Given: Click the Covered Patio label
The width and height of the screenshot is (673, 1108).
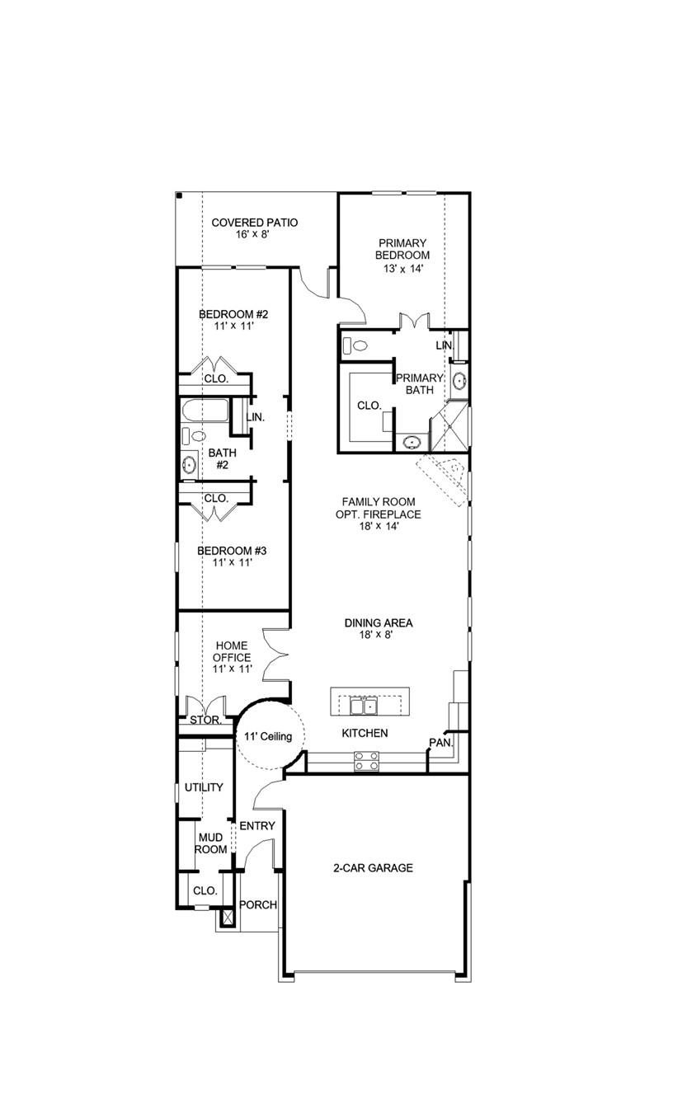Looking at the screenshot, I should click(x=254, y=228).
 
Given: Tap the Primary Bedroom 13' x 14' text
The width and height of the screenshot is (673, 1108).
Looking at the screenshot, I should click(x=402, y=256).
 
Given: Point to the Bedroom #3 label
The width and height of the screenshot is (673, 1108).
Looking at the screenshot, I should click(x=224, y=556).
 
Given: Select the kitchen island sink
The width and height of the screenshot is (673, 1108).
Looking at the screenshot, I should click(x=364, y=706).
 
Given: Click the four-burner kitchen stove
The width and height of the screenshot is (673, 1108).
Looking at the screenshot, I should click(x=366, y=761).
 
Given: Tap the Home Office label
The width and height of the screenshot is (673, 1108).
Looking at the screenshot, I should click(x=232, y=658).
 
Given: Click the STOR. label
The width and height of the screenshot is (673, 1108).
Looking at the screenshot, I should click(x=205, y=720).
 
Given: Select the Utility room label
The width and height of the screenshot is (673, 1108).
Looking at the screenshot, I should click(x=204, y=787).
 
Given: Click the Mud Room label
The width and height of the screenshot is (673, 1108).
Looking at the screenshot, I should click(x=210, y=843).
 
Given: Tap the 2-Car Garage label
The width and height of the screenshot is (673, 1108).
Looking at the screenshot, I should click(x=373, y=868).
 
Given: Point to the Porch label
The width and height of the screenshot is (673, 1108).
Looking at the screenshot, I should click(x=257, y=904).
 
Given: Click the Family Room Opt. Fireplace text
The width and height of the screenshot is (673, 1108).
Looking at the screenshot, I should click(x=379, y=514).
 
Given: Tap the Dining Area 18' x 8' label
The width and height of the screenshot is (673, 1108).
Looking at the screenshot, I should click(x=379, y=629).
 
